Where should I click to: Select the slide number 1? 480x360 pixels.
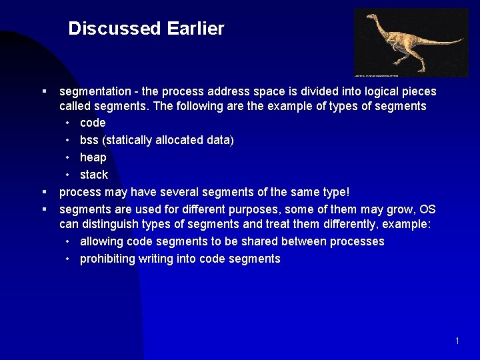click(457, 341)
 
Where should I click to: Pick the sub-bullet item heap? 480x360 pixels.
click(93, 157)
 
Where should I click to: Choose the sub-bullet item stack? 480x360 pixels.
click(93, 175)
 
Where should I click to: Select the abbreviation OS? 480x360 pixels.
click(427, 209)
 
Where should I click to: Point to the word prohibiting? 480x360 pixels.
click(107, 259)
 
